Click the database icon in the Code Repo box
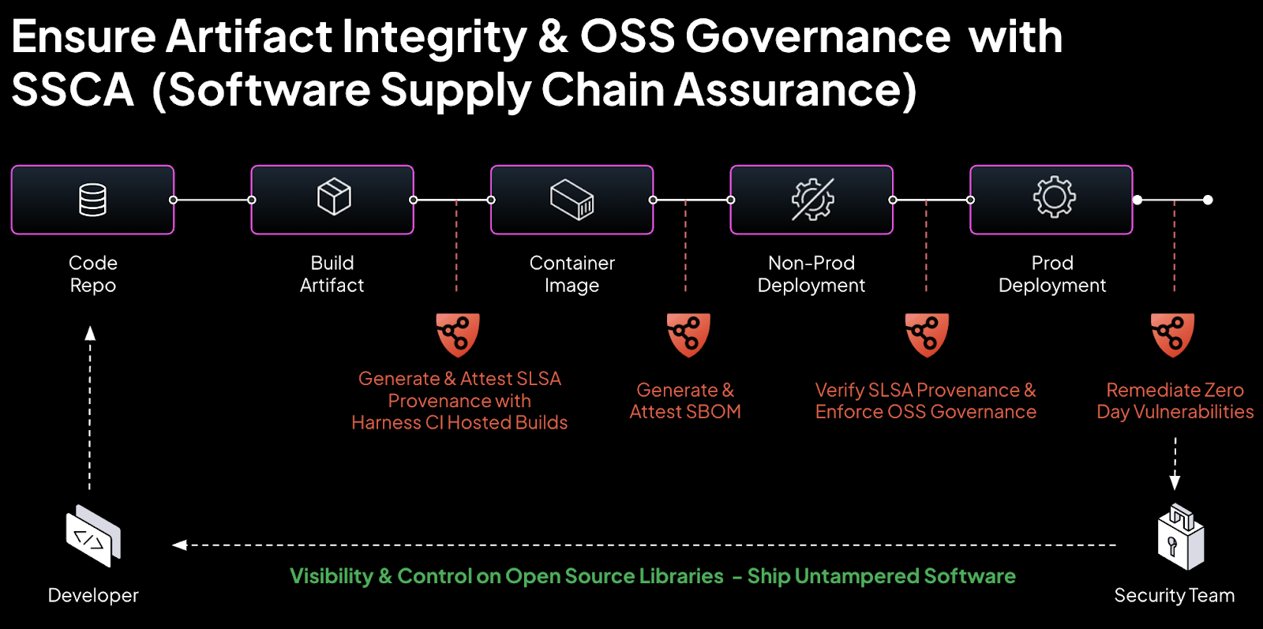click(x=92, y=200)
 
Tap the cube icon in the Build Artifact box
click(x=334, y=197)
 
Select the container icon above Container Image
click(x=572, y=199)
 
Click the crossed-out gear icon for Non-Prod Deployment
click(x=812, y=200)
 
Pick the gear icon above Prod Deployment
click(x=1054, y=197)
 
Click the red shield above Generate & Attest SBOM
click(x=688, y=335)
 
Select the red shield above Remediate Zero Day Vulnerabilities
click(x=1172, y=335)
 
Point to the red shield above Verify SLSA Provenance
click(x=927, y=335)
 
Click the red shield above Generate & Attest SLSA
click(x=458, y=335)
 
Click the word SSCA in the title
click(x=73, y=90)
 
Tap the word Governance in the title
click(x=817, y=37)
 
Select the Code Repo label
click(x=93, y=274)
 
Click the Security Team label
click(x=1174, y=596)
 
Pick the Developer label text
click(x=93, y=596)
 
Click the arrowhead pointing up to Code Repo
click(x=90, y=333)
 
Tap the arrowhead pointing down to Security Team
click(x=1175, y=482)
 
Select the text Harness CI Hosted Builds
click(x=459, y=423)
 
